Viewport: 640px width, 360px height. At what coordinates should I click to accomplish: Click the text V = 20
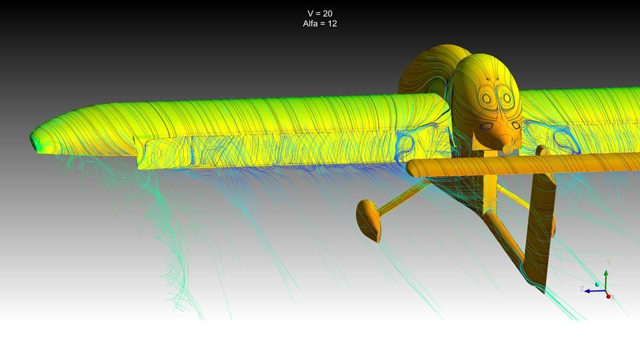click(x=319, y=13)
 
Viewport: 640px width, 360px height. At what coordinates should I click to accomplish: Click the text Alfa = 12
click(x=319, y=24)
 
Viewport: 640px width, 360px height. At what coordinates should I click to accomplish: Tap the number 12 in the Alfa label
click(x=332, y=24)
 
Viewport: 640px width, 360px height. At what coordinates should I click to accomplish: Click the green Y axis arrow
click(x=606, y=280)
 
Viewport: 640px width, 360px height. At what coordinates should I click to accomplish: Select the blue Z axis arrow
click(x=595, y=291)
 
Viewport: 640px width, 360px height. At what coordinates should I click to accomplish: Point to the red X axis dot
click(x=609, y=296)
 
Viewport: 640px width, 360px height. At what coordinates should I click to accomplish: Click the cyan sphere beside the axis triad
click(x=597, y=284)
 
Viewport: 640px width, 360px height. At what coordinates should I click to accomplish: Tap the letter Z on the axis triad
click(x=582, y=289)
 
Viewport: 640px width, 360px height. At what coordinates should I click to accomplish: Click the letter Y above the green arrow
click(x=608, y=263)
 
